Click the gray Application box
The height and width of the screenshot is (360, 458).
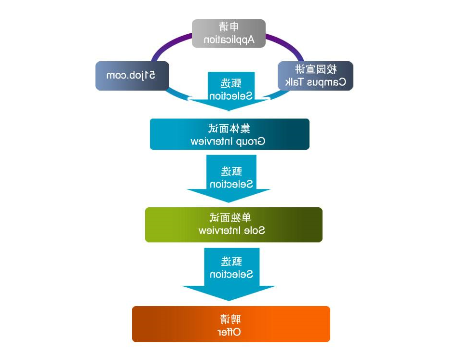[229, 33]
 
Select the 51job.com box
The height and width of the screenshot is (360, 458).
[132, 76]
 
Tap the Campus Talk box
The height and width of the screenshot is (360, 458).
[316, 76]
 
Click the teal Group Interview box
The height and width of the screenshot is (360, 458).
[229, 134]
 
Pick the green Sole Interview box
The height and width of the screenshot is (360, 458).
[233, 225]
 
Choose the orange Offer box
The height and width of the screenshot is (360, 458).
[231, 324]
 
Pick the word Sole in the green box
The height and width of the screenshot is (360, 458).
[256, 230]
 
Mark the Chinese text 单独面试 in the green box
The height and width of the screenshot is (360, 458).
[233, 218]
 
